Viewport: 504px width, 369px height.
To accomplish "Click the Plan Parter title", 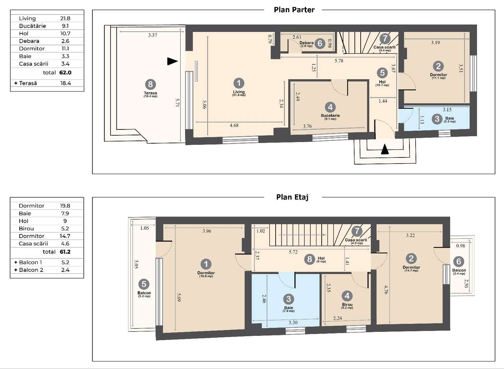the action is pos(294,10).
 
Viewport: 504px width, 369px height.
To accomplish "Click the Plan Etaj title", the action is pos(292,197).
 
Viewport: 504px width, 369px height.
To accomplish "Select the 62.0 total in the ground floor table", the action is pos(65,73).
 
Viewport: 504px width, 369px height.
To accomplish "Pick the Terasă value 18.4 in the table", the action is pos(65,83).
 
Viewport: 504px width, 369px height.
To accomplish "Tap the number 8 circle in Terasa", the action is pos(150,84).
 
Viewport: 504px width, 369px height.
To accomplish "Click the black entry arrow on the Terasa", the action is pos(172,61).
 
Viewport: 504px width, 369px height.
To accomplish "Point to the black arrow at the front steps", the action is pos(385,149).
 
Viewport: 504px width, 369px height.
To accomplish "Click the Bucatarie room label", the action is pos(330,116).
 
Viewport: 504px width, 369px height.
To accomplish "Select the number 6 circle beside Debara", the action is pos(320,43).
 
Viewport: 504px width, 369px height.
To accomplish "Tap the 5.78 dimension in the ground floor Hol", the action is pos(339,61).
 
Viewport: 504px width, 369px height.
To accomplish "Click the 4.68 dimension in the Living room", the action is pos(234,125).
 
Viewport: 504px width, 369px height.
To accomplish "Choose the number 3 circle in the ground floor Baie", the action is pos(437,119).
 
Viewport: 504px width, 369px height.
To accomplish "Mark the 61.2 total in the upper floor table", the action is pos(65,252).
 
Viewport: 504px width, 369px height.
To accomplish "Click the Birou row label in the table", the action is pos(26,229).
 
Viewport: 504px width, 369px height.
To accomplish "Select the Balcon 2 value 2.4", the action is pos(65,270).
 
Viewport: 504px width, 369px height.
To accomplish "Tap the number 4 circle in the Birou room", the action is pos(347,296).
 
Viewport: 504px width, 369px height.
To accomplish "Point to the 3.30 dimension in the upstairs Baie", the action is pos(293,322).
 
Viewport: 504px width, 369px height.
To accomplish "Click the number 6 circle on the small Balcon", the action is pos(459,261).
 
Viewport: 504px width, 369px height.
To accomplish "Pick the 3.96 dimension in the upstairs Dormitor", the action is pos(207,231).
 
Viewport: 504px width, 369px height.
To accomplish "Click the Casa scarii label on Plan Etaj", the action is pos(356,240).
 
